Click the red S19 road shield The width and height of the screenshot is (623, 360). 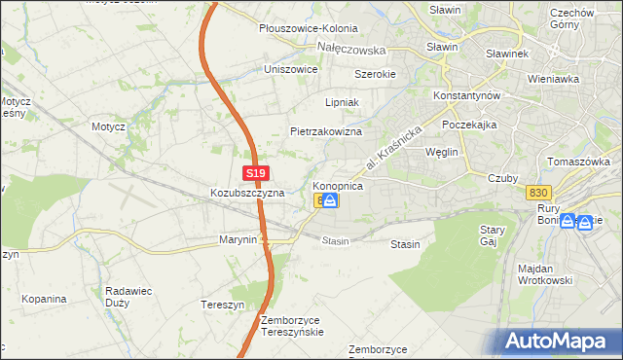click(x=255, y=173)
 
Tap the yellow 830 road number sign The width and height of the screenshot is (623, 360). click(x=536, y=193)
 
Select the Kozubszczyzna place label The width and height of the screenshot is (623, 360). click(x=247, y=193)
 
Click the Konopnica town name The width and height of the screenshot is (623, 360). click(x=338, y=185)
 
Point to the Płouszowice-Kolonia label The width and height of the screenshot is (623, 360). click(x=308, y=29)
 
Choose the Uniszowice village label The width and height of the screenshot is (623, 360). click(x=291, y=70)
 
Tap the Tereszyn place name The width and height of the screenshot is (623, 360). click(x=222, y=303)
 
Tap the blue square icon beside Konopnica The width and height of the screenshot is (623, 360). click(x=331, y=200)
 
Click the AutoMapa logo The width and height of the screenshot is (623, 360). click(x=558, y=341)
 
